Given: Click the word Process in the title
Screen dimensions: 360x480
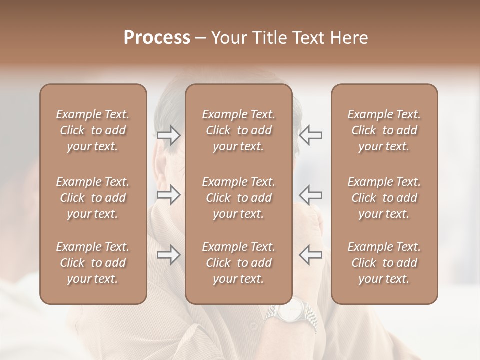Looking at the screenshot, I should [x=157, y=38].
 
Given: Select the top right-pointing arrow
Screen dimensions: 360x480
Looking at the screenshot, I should [x=169, y=135].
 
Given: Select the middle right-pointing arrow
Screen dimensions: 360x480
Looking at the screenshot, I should [x=169, y=195].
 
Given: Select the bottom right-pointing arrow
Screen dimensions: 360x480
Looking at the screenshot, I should [x=169, y=255].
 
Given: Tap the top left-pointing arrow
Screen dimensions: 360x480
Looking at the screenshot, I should [x=310, y=135].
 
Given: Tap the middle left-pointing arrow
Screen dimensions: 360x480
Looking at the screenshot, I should [x=310, y=195].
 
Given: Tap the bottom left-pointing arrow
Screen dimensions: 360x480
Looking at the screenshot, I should [x=310, y=255].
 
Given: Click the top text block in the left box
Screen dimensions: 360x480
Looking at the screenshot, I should [x=93, y=130].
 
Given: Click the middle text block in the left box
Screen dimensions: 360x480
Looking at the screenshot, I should [x=93, y=198].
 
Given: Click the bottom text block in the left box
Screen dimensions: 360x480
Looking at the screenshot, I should [x=93, y=263].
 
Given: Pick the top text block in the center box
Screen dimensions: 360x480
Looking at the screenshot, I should [x=238, y=130].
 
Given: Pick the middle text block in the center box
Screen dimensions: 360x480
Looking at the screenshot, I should [x=238, y=198].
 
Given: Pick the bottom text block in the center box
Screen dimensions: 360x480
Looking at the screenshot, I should [x=238, y=263].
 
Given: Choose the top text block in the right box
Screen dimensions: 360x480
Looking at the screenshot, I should [x=384, y=130].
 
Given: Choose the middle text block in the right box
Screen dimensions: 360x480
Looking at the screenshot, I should [x=384, y=198].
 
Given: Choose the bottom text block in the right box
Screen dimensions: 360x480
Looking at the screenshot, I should [x=384, y=263].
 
